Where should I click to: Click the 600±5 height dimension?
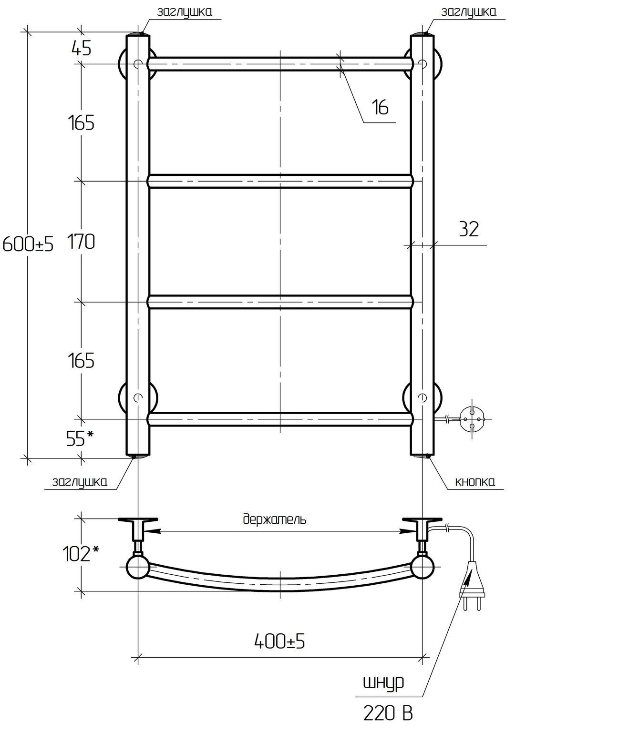pyautogui.click(x=28, y=244)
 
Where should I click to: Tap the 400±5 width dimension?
pyautogui.click(x=279, y=640)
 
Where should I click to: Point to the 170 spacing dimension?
pyautogui.click(x=81, y=242)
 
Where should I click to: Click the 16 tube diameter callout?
pyautogui.click(x=380, y=107)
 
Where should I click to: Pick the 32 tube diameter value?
pyautogui.click(x=469, y=229)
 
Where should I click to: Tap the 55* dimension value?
pyautogui.click(x=80, y=438)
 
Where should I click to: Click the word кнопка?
pyautogui.click(x=475, y=481)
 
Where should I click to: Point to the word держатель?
pyautogui.click(x=275, y=519)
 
